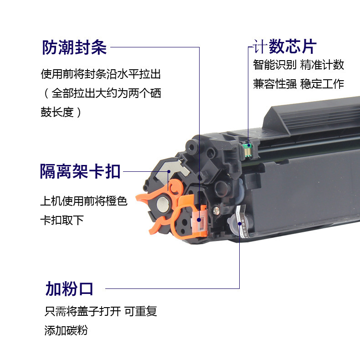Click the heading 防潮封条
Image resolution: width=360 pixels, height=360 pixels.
coord(74,47)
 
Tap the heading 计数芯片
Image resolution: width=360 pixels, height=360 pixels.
coord(285,46)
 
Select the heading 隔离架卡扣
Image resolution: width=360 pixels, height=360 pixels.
coord(80,171)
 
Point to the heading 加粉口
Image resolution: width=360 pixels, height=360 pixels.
coord(69,288)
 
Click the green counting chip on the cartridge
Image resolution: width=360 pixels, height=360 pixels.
coord(248,149)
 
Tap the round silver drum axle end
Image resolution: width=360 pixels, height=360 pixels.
coord(163,204)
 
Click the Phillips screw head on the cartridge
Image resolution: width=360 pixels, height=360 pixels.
coord(216,210)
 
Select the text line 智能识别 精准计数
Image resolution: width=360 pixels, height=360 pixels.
coord(298,65)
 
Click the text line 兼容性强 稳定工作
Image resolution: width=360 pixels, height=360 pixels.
coord(298,84)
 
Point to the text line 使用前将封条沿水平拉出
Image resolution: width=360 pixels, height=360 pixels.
coord(101,74)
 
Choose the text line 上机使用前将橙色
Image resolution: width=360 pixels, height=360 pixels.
coord(84,201)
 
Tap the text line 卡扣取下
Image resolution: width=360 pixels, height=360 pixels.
coord(62,220)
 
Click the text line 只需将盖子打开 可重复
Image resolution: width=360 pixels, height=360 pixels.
coord(101,311)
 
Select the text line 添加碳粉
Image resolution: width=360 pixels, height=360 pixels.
coord(66,331)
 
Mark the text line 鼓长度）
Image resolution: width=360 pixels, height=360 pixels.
coord(61,112)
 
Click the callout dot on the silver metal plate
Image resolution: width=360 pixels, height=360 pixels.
coord(169,171)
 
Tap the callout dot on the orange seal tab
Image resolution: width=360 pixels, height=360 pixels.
coord(199,220)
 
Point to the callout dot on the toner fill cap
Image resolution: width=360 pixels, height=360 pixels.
coord(239,224)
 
